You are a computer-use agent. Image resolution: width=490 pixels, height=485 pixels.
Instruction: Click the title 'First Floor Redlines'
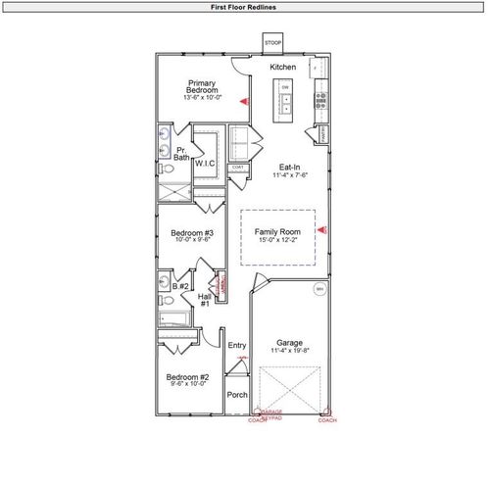[x=244, y=7]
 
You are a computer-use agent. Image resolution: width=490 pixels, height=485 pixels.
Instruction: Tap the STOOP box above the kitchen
[x=272, y=44]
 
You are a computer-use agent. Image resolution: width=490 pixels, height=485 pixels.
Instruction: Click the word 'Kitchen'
[x=282, y=67]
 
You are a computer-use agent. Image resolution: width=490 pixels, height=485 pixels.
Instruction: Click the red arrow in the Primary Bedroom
[x=244, y=102]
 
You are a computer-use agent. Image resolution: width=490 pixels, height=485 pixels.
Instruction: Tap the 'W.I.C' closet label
[x=205, y=164]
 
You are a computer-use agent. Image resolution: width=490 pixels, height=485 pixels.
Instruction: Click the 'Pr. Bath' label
[x=181, y=153]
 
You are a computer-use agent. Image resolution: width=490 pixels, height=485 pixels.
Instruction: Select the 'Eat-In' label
[x=290, y=167]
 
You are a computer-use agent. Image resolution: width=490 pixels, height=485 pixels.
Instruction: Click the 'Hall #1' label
[x=205, y=300]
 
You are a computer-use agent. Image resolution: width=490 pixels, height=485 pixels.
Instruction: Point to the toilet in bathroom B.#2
[x=166, y=300]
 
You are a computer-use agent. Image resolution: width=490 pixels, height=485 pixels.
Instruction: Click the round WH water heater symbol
[x=318, y=290]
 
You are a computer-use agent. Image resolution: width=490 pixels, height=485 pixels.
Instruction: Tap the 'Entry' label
[x=236, y=345]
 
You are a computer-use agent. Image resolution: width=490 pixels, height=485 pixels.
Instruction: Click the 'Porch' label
[x=236, y=395]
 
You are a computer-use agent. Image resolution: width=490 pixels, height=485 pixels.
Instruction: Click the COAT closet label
[x=237, y=168]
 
